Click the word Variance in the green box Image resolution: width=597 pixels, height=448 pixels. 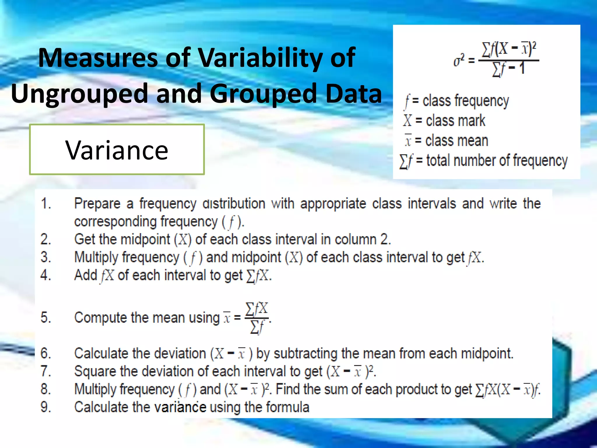[117, 150]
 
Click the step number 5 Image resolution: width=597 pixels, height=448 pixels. [46, 317]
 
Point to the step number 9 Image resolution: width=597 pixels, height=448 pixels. [46, 407]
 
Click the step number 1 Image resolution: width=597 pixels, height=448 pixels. [46, 203]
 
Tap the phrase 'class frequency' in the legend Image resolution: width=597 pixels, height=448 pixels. [466, 101]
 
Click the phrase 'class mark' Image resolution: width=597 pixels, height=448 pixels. [455, 121]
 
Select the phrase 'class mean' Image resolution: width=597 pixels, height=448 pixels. [456, 141]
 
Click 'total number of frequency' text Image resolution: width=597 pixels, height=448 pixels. [497, 161]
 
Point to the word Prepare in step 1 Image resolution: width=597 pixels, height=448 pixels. [97, 204]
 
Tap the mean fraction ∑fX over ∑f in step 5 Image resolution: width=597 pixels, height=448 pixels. [257, 318]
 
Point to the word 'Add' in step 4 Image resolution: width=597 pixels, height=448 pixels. [85, 275]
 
